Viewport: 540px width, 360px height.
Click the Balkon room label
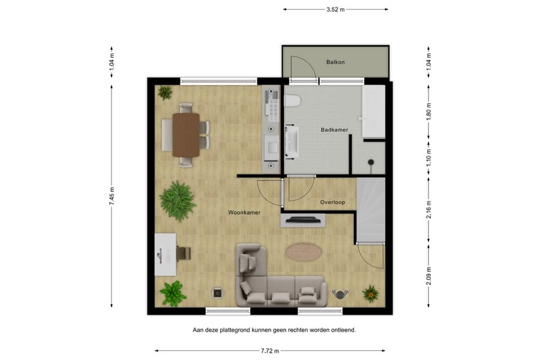point(335,62)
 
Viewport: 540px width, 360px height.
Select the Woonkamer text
point(244,212)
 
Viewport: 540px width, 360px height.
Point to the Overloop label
point(332,202)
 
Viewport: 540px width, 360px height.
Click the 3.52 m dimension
point(335,10)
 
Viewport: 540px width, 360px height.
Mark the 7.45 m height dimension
point(112,196)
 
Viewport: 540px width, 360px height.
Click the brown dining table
point(186,136)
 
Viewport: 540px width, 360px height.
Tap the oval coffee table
point(303,251)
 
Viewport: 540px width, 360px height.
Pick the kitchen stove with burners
point(272,107)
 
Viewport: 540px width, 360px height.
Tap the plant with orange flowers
point(370,293)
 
